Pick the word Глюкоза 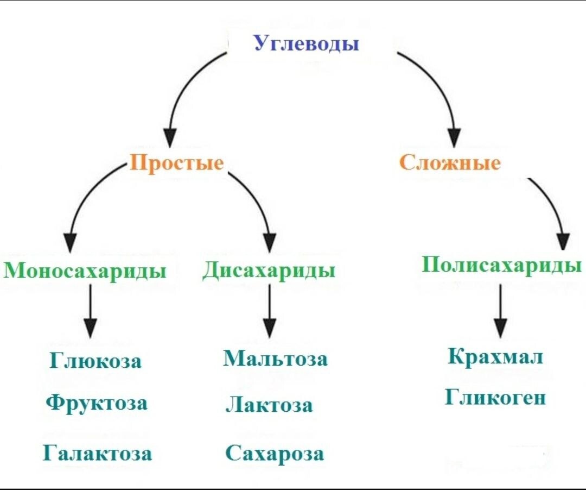pyautogui.click(x=95, y=361)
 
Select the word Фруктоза pyautogui.click(x=96, y=403)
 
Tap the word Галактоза pyautogui.click(x=97, y=453)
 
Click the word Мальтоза pyautogui.click(x=275, y=359)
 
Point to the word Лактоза pyautogui.click(x=269, y=405)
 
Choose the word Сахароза pyautogui.click(x=275, y=453)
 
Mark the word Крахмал pyautogui.click(x=495, y=357)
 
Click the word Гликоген pyautogui.click(x=495, y=398)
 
